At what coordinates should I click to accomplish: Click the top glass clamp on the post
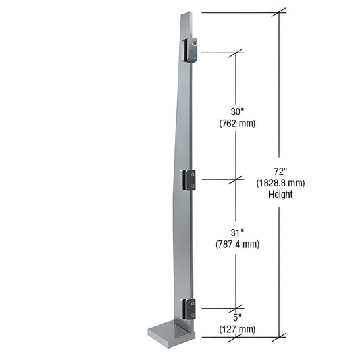pos(189,50)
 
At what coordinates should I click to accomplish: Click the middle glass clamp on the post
pos(190,180)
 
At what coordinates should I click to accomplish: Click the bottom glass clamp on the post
pos(190,309)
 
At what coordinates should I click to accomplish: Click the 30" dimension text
pos(236,111)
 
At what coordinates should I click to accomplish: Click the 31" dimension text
pos(236,232)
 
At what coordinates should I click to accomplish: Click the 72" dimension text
pos(280,171)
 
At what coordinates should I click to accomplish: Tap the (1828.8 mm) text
pos(280,182)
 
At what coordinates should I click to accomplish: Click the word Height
pos(280,194)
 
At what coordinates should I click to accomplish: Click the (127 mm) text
pos(236,329)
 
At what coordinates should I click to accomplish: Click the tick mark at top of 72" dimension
pos(279,12)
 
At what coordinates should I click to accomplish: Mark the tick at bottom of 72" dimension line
pos(279,336)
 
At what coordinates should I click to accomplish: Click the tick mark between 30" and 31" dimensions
pos(236,179)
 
